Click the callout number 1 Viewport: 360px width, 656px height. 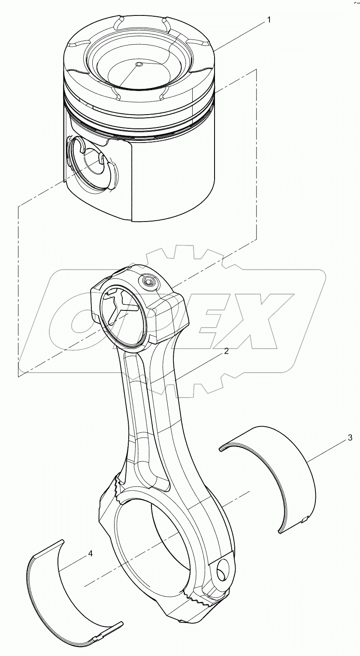(x=269, y=20)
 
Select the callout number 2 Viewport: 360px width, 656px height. (x=226, y=351)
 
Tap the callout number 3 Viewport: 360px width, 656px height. (x=350, y=438)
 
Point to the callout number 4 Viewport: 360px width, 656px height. (x=90, y=554)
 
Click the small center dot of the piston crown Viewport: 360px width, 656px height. (x=138, y=64)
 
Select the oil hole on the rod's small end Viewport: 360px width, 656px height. (x=151, y=282)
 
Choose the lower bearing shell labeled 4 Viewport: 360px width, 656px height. (x=64, y=601)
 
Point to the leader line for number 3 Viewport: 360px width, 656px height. (x=328, y=451)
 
